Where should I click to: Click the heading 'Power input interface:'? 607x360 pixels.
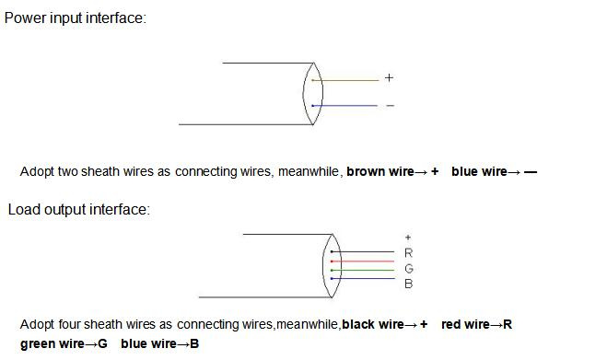(x=76, y=18)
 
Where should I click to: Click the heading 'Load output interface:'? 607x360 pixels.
(x=79, y=209)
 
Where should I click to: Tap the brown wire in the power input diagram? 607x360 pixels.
(x=345, y=80)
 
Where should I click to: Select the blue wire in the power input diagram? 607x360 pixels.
(x=344, y=105)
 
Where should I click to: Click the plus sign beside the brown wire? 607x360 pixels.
(x=389, y=78)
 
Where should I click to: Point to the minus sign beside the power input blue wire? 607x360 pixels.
(x=391, y=105)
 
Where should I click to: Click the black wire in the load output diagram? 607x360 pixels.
(x=363, y=251)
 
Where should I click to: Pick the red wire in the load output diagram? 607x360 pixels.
(x=363, y=261)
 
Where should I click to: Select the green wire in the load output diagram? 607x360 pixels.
(x=363, y=270)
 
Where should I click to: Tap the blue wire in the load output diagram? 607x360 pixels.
(x=363, y=278)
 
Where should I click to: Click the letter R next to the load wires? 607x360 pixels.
(x=408, y=253)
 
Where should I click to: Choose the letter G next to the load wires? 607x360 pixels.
(x=409, y=268)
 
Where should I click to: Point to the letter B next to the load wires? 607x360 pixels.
(x=408, y=284)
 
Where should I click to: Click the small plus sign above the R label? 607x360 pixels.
(x=408, y=237)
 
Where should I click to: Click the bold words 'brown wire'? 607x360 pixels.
(x=380, y=171)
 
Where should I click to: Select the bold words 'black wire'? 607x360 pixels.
(x=373, y=324)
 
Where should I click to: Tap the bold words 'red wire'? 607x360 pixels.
(x=465, y=324)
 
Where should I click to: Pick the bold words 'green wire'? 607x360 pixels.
(x=53, y=343)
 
